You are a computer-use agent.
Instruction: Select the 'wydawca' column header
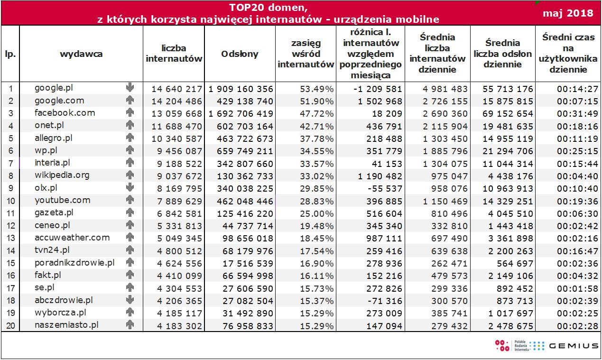(81, 54)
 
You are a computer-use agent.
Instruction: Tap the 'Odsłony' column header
(240, 54)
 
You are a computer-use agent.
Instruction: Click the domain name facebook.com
(65, 113)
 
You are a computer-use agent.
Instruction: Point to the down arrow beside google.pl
(130, 88)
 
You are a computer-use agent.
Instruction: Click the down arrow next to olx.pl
(130, 187)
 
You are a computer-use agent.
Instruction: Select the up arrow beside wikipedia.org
(130, 175)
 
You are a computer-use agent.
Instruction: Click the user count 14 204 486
(176, 101)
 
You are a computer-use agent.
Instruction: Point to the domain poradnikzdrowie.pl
(74, 262)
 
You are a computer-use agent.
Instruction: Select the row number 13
(10, 238)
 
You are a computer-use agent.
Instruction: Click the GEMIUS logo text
(574, 346)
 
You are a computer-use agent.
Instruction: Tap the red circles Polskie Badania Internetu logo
(501, 345)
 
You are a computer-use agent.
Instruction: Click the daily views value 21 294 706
(503, 151)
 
